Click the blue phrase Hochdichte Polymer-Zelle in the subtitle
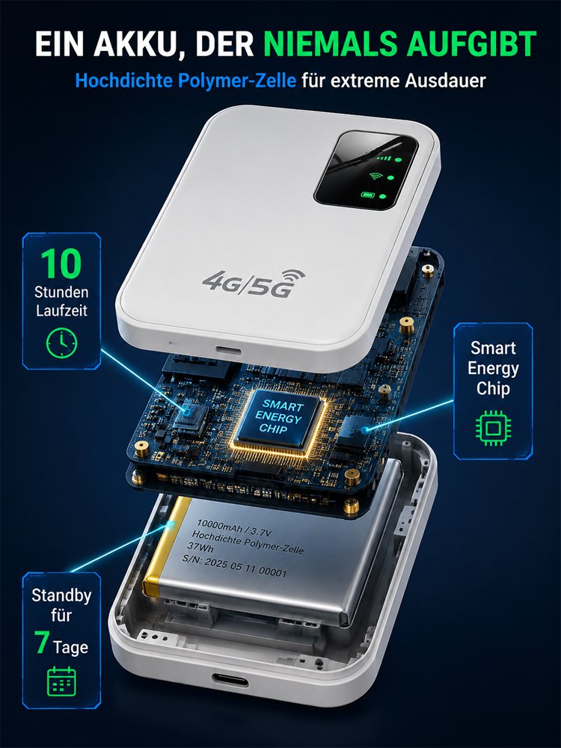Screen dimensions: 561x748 [186, 81]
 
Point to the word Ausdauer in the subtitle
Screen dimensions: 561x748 [445, 81]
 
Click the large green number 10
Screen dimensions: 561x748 [61, 263]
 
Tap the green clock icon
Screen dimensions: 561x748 [61, 343]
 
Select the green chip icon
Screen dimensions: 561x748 [493, 427]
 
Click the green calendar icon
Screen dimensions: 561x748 [61, 681]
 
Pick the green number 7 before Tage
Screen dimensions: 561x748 [41, 643]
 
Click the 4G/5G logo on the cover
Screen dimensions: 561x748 [254, 283]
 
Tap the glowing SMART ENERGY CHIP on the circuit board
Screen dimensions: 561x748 [278, 419]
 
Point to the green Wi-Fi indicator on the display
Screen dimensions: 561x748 [376, 176]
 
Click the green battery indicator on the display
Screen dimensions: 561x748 [368, 195]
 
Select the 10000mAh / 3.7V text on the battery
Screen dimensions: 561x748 [227, 529]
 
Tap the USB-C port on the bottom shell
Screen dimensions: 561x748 [230, 679]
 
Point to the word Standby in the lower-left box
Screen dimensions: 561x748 [61, 595]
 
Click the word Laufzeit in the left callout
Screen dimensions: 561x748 [61, 310]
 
